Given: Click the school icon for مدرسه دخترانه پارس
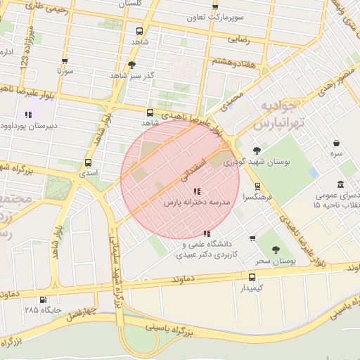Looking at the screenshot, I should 196,191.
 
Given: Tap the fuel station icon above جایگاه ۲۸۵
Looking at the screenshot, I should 43,300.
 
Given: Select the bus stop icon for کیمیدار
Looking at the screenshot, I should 252,277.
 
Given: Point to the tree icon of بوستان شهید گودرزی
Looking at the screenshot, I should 257,150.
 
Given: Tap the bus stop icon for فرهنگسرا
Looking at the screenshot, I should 257,187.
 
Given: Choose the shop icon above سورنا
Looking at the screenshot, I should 65,61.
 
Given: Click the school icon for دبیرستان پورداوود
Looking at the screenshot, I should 27,115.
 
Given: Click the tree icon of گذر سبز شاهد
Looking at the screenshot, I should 131,65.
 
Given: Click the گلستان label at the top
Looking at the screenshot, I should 138,4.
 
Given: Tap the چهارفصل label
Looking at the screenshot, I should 81,310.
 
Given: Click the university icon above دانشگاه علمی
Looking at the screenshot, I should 206,233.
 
